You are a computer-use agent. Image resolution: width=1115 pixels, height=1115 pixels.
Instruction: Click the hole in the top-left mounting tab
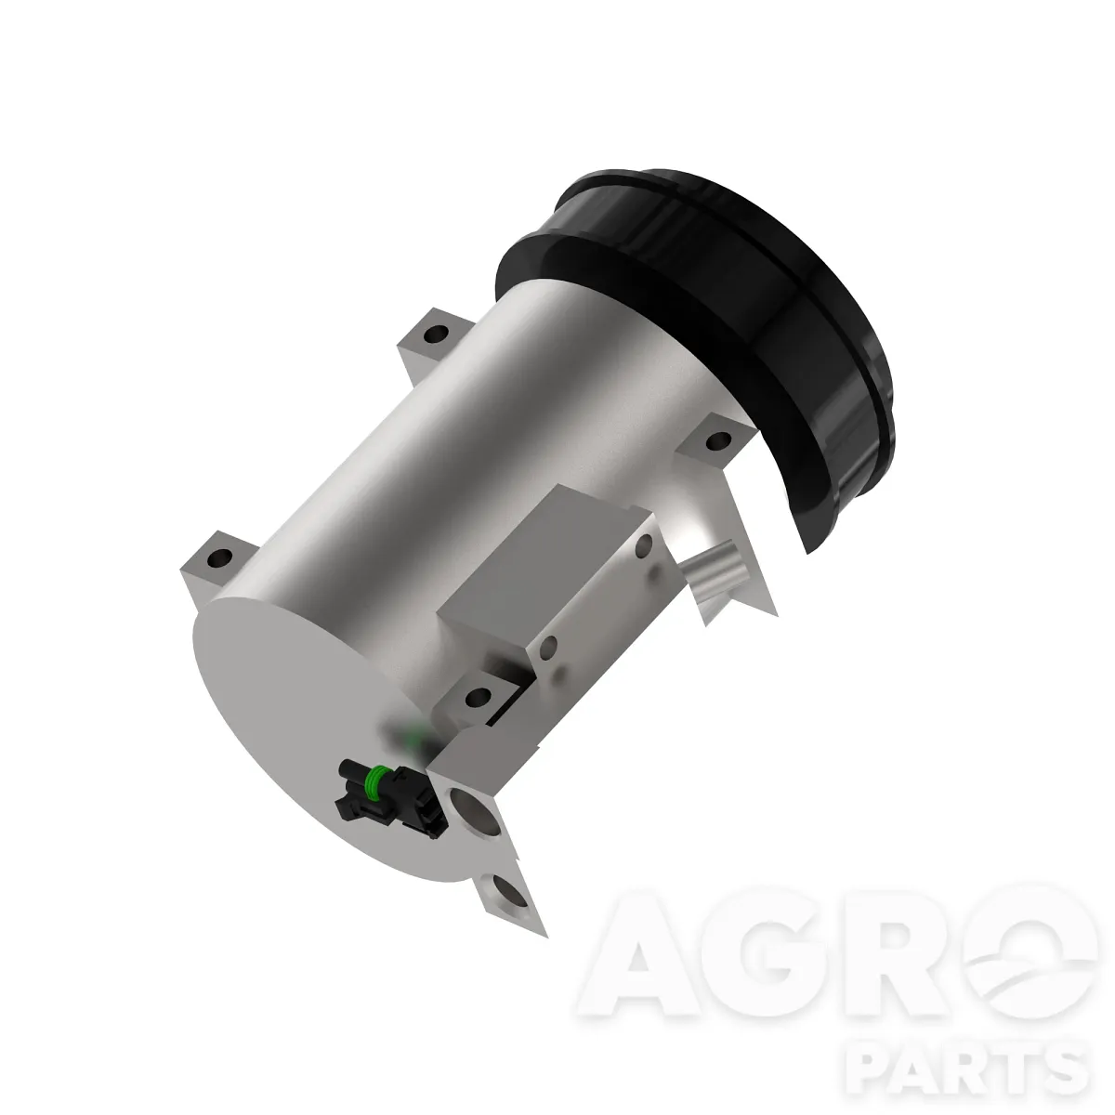click(436, 334)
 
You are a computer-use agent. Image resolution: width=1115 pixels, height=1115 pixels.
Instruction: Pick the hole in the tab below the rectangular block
click(476, 697)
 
